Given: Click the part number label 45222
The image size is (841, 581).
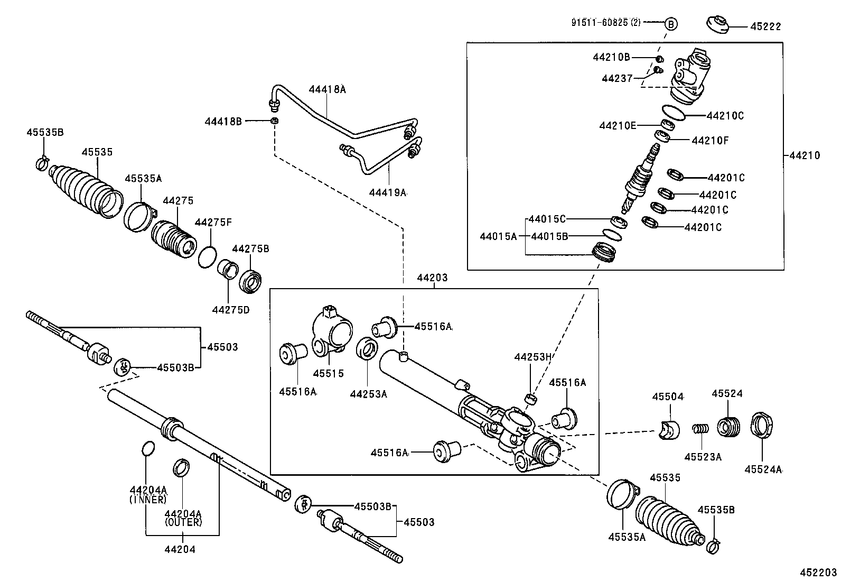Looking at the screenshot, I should (x=765, y=26).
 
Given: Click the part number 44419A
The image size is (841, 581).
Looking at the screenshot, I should (x=388, y=193).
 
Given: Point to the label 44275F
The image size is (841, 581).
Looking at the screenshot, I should (x=213, y=223).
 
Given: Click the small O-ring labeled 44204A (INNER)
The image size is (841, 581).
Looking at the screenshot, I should (x=148, y=448).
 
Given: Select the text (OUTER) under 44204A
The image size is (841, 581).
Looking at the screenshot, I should (x=183, y=522).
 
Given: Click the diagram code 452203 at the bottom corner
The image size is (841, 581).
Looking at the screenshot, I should (x=818, y=572).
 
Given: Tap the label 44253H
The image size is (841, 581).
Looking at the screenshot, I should (x=533, y=357).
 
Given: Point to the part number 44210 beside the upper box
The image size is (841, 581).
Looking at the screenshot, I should (x=805, y=155).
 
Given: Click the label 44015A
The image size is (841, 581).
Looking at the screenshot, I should (x=498, y=236).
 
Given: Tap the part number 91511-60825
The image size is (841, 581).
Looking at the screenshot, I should (x=605, y=23).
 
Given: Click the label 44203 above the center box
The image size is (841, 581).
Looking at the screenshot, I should (x=432, y=278).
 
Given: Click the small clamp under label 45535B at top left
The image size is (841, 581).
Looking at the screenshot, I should (x=42, y=164).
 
